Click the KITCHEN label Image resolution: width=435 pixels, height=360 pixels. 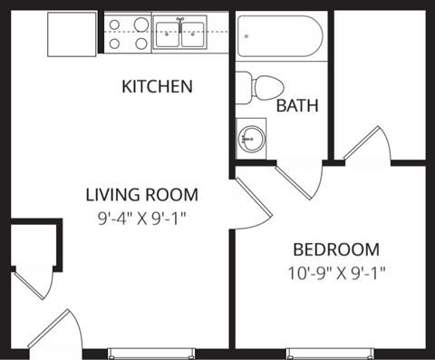157,87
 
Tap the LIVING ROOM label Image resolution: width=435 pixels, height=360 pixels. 141,194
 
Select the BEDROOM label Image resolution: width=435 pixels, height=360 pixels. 335,249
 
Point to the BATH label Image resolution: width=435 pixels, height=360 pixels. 297,106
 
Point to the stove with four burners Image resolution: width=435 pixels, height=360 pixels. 128,34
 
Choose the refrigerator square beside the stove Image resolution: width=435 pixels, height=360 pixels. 72,34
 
